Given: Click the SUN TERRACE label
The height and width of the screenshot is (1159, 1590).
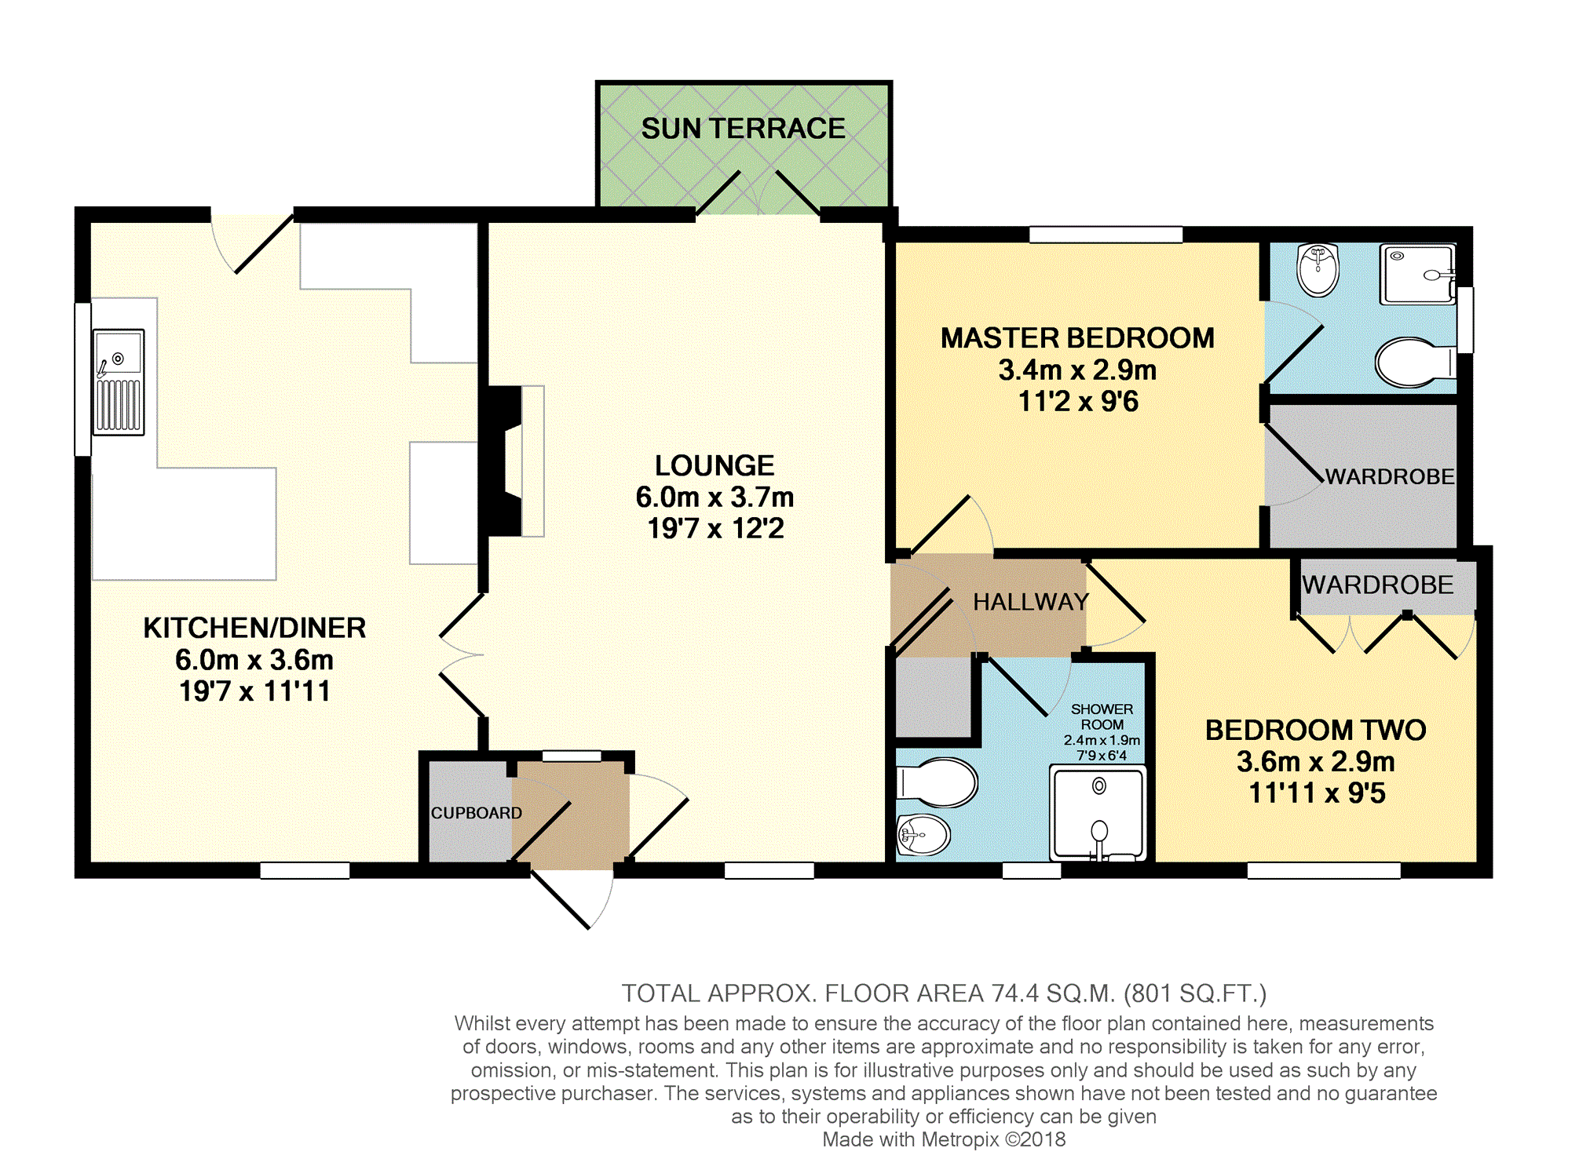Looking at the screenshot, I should pos(743,128).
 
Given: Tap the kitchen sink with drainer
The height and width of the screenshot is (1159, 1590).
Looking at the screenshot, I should pos(119,382).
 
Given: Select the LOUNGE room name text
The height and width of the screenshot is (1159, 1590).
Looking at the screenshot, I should pos(715,465).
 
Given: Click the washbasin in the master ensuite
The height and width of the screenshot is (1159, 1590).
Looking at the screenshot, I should pos(1318,269).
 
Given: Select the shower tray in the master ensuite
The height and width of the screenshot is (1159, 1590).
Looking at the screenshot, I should pos(1418,275).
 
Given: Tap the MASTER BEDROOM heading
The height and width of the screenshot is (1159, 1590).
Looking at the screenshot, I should pos(1077,338).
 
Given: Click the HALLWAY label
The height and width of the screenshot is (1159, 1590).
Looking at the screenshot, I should pos(1031,602).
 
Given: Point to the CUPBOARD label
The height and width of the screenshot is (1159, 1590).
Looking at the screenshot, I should pos(476,813).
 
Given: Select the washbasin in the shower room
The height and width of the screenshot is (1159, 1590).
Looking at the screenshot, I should pos(923,835).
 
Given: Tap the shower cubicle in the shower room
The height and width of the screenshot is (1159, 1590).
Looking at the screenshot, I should pos(1098,813).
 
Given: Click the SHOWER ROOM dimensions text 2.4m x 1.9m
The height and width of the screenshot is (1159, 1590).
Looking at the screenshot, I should pos(1102,740).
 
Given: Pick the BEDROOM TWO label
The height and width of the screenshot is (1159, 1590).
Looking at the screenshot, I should pos(1315,730).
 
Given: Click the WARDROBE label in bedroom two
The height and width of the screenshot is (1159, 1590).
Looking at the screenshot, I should pos(1377,585).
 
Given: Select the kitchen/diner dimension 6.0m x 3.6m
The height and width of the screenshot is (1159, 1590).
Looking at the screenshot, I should pos(254,660).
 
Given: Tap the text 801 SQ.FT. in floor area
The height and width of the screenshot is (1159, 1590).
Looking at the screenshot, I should pos(1194,993).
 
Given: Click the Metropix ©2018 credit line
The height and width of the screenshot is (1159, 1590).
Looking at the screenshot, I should pos(944,1139).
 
